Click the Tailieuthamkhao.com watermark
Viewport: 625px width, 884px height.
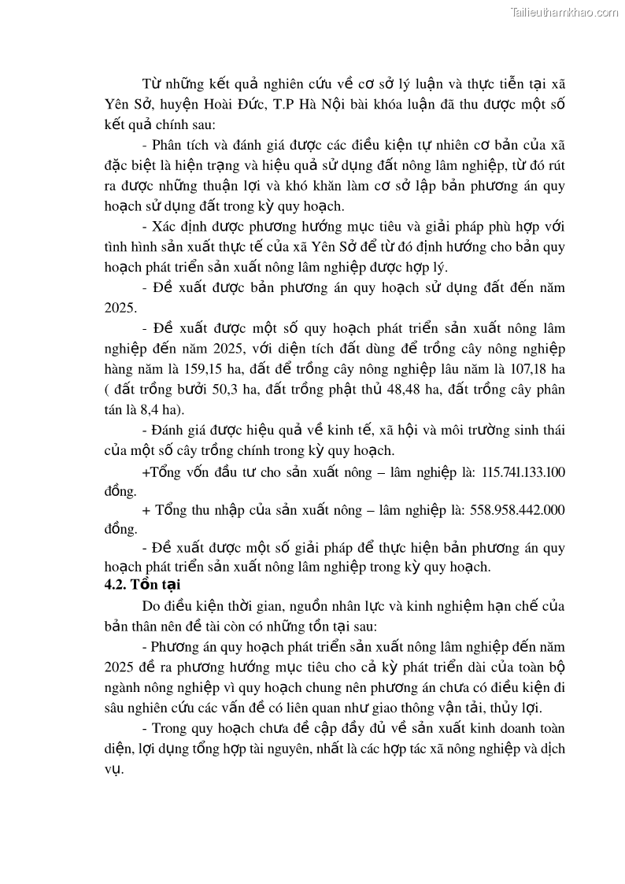[x=564, y=12]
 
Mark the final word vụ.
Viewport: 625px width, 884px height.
[x=114, y=768]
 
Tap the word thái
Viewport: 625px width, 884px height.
[x=549, y=431]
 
